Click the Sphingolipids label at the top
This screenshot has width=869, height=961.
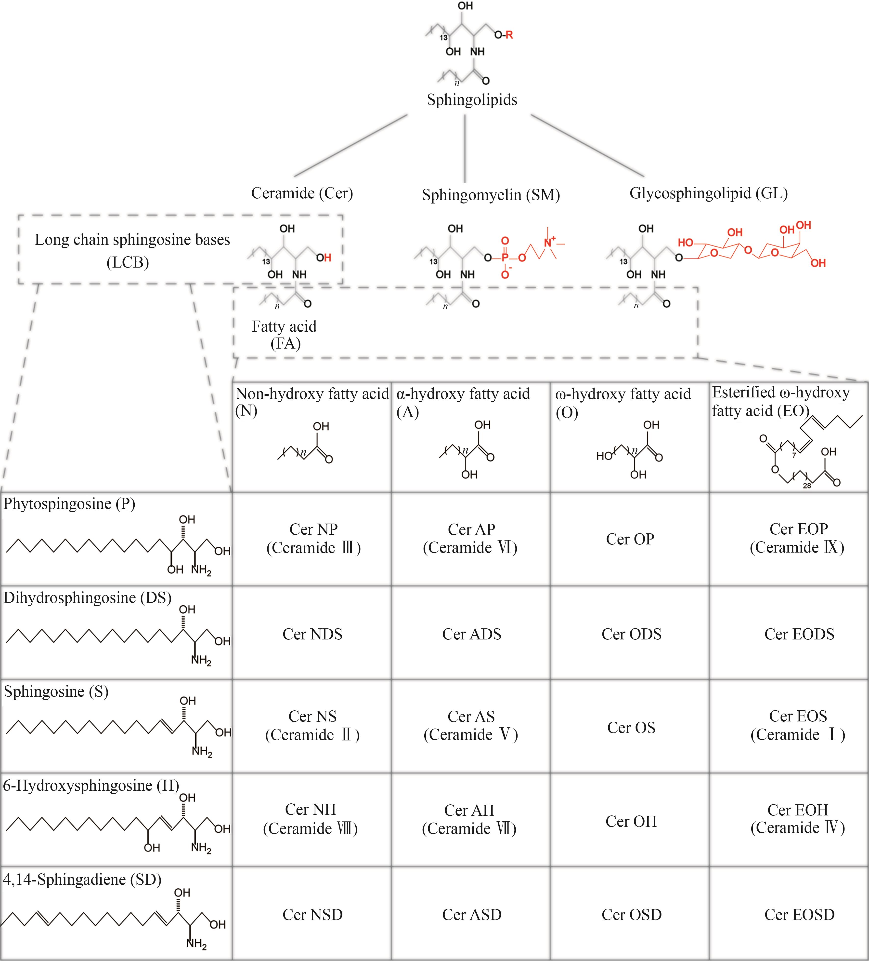point(472,100)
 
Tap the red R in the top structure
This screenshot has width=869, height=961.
point(509,35)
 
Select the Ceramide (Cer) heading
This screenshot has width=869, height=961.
point(302,193)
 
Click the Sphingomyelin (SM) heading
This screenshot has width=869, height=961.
point(491,194)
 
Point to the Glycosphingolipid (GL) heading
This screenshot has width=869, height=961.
point(708,193)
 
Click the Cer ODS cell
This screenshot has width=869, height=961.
point(631,634)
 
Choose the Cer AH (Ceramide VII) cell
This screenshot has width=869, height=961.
point(469,819)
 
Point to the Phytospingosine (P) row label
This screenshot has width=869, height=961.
point(70,504)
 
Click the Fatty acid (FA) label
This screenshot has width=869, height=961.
point(285,335)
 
